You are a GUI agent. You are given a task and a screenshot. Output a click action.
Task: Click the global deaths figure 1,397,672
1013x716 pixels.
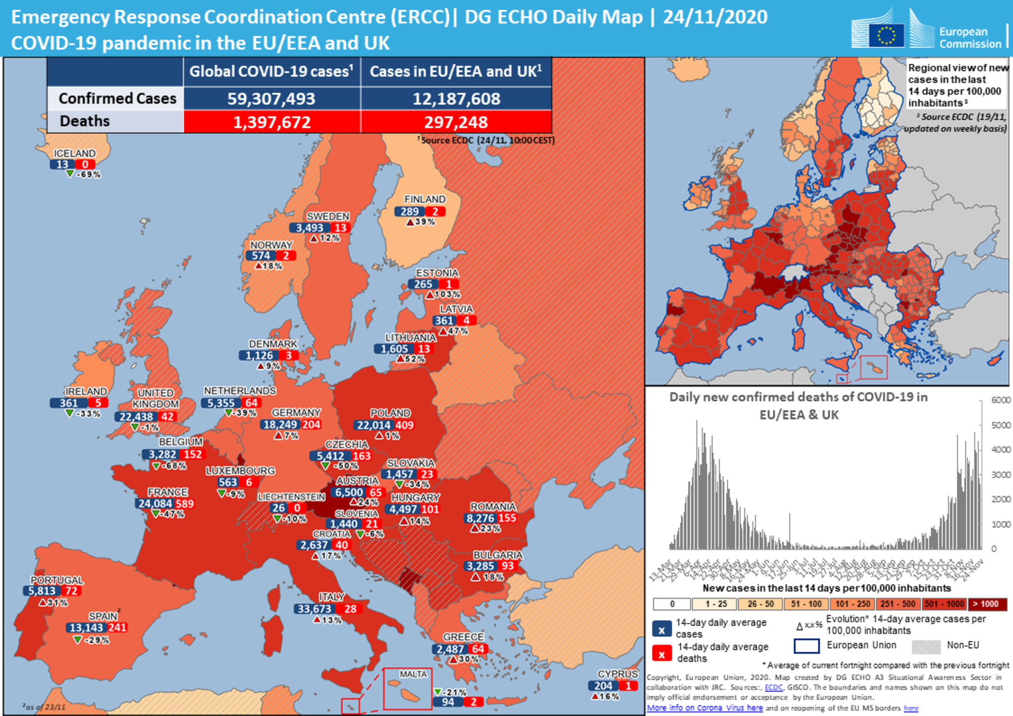[x=272, y=122]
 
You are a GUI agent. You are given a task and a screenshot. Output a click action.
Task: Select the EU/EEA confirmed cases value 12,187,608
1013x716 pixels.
[x=456, y=99]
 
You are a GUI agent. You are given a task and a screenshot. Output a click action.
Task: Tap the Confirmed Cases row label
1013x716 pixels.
[x=117, y=98]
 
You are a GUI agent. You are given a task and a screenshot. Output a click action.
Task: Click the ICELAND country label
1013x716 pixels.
[x=74, y=153]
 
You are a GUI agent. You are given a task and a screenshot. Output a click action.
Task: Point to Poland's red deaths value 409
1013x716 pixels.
[x=404, y=425]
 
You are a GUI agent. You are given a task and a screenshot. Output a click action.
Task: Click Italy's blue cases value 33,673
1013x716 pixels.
[x=314, y=609]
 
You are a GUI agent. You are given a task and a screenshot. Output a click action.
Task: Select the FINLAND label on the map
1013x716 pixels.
[x=425, y=199]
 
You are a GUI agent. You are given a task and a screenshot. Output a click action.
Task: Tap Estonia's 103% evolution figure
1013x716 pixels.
[x=447, y=295]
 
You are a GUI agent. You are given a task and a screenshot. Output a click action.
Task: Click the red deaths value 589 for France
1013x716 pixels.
[x=184, y=504]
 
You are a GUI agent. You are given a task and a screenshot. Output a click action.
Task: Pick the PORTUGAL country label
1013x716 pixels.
[x=57, y=580]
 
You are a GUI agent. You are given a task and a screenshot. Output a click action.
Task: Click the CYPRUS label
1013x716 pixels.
[x=617, y=674]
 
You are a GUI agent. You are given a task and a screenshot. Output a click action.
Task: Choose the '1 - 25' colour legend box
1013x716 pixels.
[x=716, y=604]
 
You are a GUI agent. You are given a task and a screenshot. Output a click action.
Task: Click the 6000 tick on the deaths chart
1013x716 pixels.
[x=1001, y=400]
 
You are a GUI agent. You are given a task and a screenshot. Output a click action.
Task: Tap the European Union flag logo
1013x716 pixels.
[x=886, y=35]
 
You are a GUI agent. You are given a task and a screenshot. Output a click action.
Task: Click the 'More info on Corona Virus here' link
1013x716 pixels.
[x=705, y=708]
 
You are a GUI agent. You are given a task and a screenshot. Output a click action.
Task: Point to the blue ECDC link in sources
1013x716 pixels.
[x=773, y=687]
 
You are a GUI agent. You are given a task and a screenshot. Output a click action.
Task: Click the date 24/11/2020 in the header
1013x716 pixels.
[x=715, y=17]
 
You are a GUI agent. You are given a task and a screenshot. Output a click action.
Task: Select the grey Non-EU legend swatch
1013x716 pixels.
[x=926, y=646]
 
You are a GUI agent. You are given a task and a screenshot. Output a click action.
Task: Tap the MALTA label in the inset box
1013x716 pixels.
[x=413, y=674]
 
